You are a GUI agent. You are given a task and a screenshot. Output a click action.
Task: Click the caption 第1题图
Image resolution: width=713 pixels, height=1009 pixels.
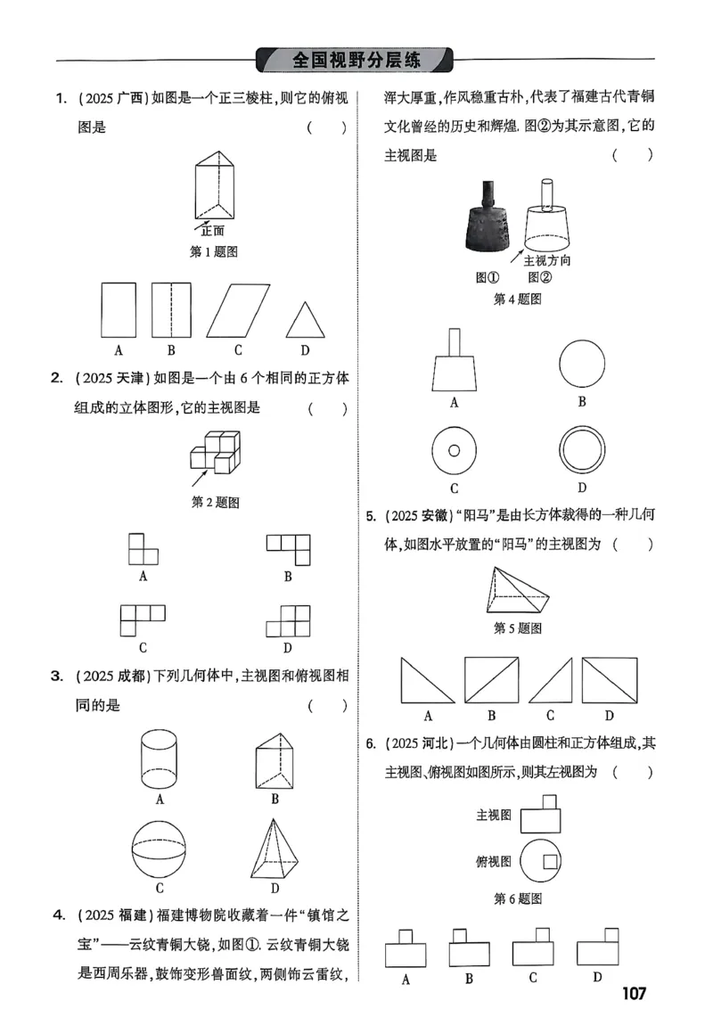(215, 252)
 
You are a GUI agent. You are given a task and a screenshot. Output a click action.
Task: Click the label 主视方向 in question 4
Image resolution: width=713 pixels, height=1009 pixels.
(546, 260)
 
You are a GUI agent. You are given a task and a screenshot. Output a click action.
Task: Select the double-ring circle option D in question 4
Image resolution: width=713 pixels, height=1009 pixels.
(582, 450)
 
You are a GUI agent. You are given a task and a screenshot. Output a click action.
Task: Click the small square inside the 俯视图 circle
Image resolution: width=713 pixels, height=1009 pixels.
(551, 861)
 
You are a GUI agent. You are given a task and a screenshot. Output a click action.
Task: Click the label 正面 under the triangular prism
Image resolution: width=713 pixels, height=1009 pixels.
(212, 230)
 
